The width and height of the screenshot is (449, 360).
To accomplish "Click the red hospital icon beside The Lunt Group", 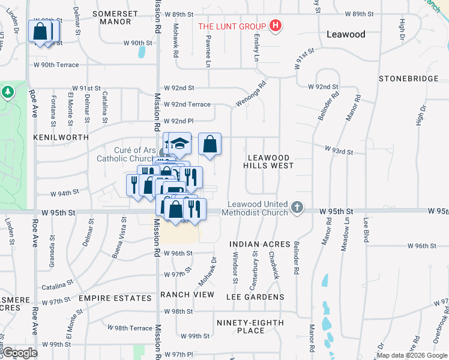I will (x=276, y=26).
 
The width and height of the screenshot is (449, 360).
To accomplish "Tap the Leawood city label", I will (x=346, y=34).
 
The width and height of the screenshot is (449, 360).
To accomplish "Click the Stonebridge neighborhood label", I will (x=406, y=79).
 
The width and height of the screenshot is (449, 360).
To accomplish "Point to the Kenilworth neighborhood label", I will (x=61, y=137).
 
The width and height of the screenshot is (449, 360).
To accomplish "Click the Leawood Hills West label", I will (x=269, y=161).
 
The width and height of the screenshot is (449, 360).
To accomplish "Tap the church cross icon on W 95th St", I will (x=296, y=208).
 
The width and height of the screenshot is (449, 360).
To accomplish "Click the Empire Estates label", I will (x=115, y=298).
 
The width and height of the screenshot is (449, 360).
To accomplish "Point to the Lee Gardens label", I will (x=255, y=297).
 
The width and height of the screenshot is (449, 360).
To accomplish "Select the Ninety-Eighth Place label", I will (x=250, y=326).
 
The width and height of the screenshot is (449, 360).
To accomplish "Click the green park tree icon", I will (x=7, y=93).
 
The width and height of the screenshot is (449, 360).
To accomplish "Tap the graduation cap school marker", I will (x=179, y=144).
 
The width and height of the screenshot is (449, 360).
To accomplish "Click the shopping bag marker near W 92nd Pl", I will (x=209, y=144).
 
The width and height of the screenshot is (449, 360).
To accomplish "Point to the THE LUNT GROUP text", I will (x=232, y=26).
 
